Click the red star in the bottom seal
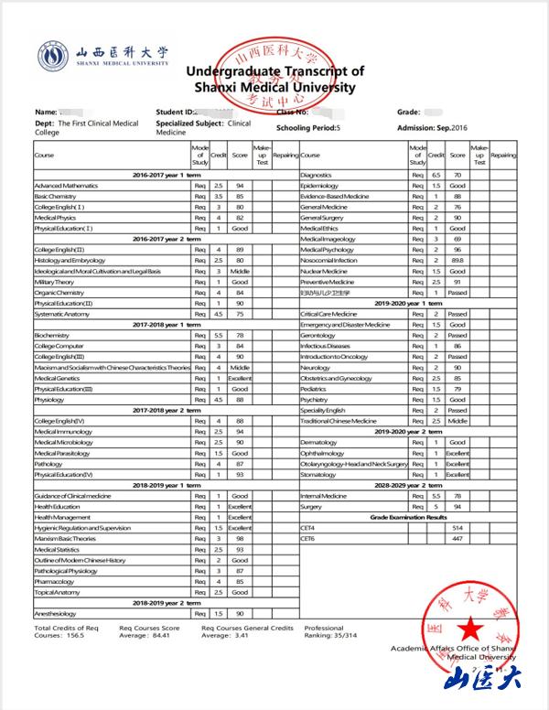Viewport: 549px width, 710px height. coord(470,629)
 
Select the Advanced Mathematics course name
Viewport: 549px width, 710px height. coord(66,186)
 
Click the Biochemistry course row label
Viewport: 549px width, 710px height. coord(52,335)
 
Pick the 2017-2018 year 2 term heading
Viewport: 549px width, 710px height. coord(167,410)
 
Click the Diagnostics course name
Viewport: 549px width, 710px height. coord(316,174)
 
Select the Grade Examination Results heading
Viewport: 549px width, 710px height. coord(408,517)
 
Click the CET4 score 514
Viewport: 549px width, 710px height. coord(457,528)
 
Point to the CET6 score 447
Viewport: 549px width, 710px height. coord(457,540)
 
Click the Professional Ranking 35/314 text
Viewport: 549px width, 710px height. coord(331,634)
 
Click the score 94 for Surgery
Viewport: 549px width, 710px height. coord(457,506)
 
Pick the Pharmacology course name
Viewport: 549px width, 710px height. coord(55,580)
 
